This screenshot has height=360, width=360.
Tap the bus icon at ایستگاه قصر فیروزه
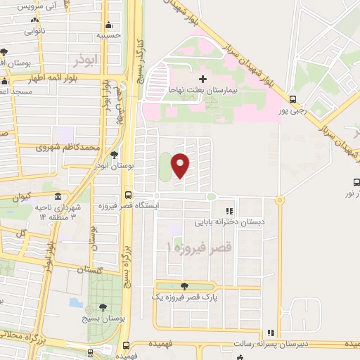(127, 195)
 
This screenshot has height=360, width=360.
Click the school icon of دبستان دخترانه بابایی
(229, 211)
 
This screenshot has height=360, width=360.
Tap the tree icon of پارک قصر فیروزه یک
(184, 286)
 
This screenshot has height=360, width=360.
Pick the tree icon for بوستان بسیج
(103, 307)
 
